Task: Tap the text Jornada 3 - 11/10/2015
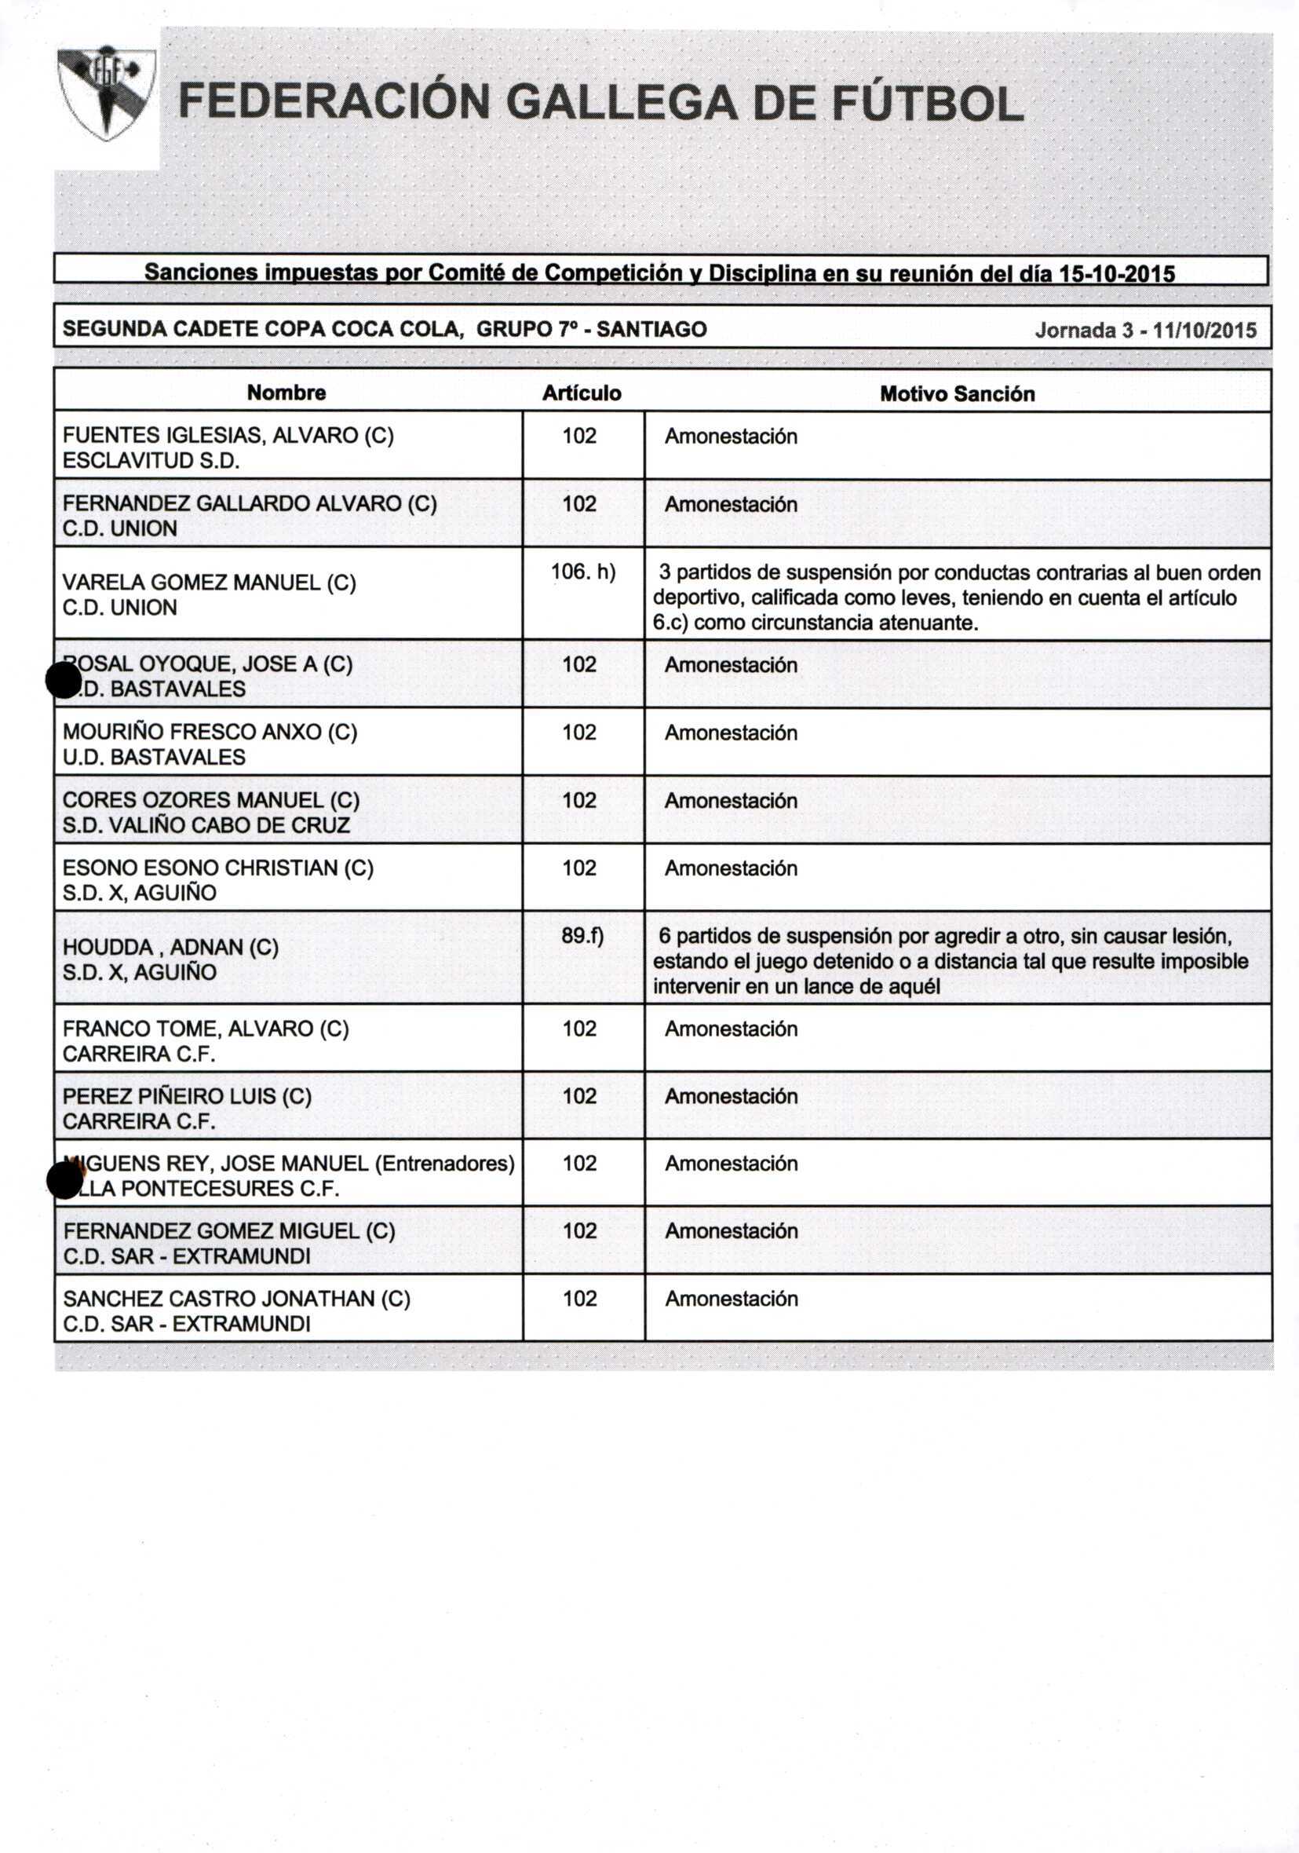(1145, 330)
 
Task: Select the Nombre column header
(286, 393)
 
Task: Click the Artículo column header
(582, 393)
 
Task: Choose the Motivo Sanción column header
(957, 394)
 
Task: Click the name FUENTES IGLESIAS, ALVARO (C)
(228, 436)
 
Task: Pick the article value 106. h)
(582, 572)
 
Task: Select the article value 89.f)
(582, 935)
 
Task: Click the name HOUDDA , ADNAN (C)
(171, 947)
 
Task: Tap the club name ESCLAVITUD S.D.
(151, 461)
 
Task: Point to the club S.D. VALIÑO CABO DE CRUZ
(206, 824)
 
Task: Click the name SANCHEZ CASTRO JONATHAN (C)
(236, 1299)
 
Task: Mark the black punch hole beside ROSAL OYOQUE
(64, 680)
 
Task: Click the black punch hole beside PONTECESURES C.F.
(64, 1181)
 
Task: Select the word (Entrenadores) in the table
(444, 1163)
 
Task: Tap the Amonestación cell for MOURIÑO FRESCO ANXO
(731, 733)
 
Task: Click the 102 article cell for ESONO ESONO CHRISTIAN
(579, 868)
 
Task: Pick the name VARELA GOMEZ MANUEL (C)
(209, 583)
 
